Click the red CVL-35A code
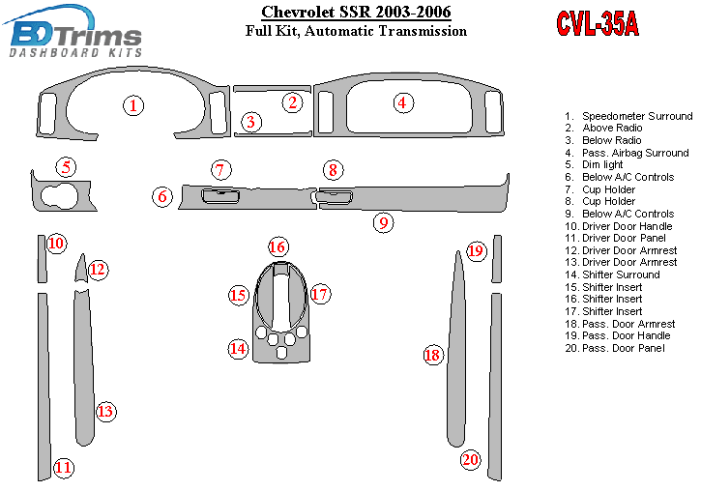[x=598, y=23]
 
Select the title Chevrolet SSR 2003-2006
[x=356, y=12]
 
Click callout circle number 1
[x=133, y=106]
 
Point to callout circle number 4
[x=403, y=102]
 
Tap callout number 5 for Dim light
[x=66, y=167]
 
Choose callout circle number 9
[x=384, y=222]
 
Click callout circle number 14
[x=238, y=348]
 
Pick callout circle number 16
[x=278, y=246]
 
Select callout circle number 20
[x=471, y=459]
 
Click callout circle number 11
[x=63, y=468]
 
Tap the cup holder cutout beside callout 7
[x=220, y=195]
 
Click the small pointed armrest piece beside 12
[x=81, y=269]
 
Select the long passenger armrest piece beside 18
[x=456, y=349]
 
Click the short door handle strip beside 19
[x=497, y=259]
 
